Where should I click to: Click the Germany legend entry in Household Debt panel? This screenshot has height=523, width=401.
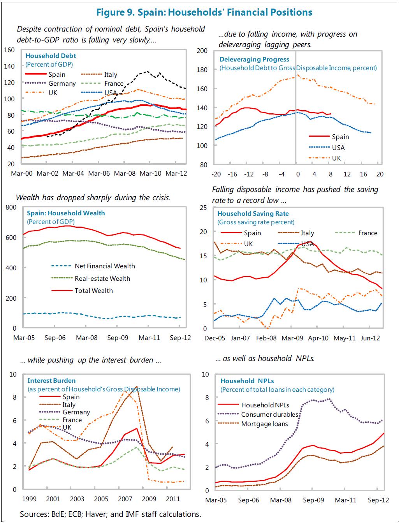[62, 83]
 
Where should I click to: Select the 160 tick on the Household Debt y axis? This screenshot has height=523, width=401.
[10, 50]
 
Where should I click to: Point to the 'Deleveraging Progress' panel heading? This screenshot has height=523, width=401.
[254, 59]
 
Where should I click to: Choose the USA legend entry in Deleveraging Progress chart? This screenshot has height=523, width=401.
[338, 148]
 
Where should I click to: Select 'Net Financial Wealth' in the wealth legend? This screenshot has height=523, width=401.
[105, 266]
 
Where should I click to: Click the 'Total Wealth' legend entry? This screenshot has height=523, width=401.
[93, 291]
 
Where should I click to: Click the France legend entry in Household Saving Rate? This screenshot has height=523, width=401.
[368, 233]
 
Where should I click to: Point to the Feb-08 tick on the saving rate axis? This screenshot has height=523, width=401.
[266, 338]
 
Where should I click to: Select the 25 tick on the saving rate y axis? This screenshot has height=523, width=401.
[202, 207]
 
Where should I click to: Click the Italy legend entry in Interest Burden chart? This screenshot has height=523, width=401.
[69, 405]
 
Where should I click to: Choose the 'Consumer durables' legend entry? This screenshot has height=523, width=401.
[269, 415]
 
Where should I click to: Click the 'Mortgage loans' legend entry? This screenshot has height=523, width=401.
[264, 424]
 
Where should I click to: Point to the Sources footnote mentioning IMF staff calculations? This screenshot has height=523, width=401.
[111, 514]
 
